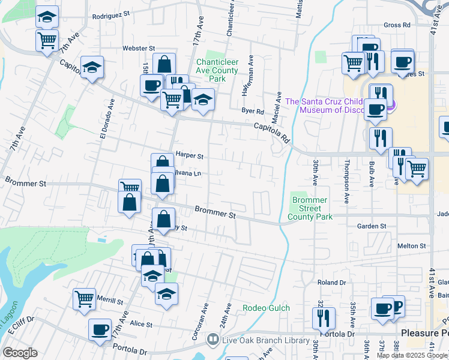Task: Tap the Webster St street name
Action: point(139,47)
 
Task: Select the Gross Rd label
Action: point(397,25)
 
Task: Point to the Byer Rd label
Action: point(253,111)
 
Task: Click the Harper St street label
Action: point(190,155)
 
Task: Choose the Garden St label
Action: point(371,226)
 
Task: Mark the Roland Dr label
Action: point(332,282)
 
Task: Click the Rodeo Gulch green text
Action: point(266,308)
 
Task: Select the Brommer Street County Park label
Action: point(310,208)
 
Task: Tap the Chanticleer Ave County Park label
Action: point(217,70)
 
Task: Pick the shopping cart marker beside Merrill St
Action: point(85,298)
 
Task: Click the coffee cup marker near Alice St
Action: point(100,329)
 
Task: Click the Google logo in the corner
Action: point(20,353)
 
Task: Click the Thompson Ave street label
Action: point(346,175)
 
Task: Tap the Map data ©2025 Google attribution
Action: point(412,355)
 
